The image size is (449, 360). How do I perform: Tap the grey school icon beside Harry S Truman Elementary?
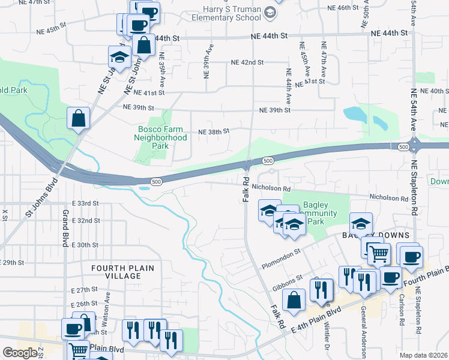pos(271,12)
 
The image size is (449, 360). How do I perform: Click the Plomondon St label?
pos(280,260)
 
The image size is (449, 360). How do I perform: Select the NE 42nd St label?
pos(247,62)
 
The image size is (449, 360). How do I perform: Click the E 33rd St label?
pos(85,204)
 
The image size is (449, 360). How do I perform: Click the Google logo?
pos(20,353)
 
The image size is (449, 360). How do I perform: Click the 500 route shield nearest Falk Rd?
pos(268,160)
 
